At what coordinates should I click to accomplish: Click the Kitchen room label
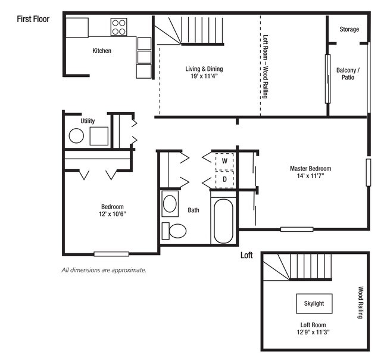pos(102,51)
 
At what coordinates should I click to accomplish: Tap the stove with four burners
pos(118,27)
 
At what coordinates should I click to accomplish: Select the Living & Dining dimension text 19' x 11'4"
pos(204,76)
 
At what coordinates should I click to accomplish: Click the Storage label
pos(349,29)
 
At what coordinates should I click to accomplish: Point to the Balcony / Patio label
pos(348,74)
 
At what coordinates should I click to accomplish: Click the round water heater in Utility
pos(76,136)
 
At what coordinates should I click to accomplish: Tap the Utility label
pos(88,121)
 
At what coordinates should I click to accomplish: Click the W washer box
pos(224,162)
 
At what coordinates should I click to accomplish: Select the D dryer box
pos(224,179)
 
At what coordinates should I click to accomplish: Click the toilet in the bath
pos(174,231)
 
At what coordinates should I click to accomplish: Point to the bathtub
pos(223,221)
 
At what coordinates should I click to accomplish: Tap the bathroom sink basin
pos(170,204)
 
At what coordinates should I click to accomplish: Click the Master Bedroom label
pos(310,169)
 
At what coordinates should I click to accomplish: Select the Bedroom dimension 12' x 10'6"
pos(113,214)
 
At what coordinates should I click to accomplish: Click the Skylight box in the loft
pos(314,303)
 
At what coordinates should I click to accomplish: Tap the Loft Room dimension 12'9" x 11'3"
pos(313,332)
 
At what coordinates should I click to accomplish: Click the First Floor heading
pos(33,19)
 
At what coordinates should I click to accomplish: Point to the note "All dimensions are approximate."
pos(104,270)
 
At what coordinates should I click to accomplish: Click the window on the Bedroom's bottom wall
pos(111,254)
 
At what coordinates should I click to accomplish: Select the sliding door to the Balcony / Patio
pos(328,79)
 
